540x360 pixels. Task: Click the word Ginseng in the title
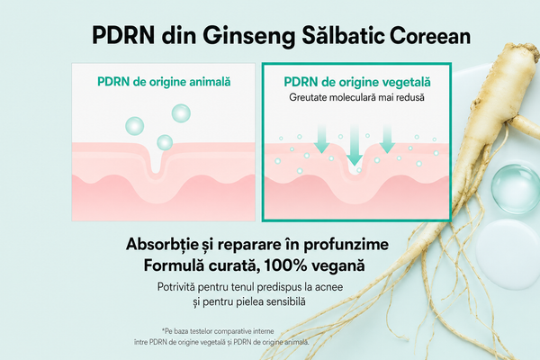pos(249,36)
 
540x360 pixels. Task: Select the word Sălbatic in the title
pos(343,34)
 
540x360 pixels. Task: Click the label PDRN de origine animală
pos(164,82)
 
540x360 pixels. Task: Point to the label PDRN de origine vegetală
pos(357,82)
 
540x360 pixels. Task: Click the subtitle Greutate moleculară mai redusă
pos(356,97)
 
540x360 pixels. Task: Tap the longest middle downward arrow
pos(355,146)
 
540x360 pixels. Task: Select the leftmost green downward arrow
pos(321,139)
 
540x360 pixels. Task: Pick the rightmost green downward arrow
pos(387,139)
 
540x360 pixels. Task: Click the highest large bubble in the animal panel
pos(181,113)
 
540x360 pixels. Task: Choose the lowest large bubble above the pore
pos(165,142)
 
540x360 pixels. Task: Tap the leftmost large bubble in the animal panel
pos(135,126)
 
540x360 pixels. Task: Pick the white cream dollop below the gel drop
pos(508,254)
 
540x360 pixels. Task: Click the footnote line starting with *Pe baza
pos(218,331)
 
